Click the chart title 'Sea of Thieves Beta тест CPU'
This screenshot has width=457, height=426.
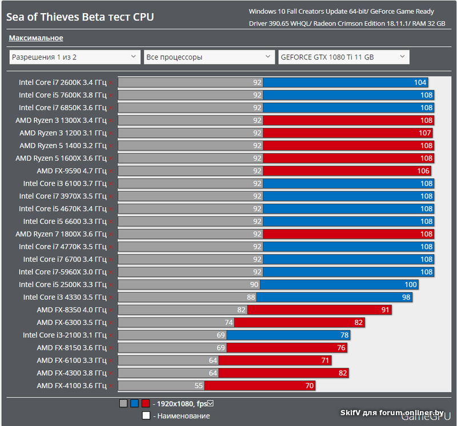click(80, 17)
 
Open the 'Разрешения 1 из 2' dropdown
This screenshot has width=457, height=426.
click(74, 57)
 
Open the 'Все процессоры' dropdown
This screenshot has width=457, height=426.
click(209, 57)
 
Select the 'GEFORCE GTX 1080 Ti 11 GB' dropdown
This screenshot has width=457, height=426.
click(343, 57)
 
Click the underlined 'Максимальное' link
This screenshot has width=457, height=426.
click(36, 38)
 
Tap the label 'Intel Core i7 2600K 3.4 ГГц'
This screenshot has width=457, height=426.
click(62, 82)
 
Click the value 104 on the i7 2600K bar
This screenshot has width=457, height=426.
click(420, 82)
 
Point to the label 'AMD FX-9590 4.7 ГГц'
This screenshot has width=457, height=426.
click(71, 171)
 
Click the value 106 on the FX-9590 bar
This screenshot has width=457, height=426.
click(423, 171)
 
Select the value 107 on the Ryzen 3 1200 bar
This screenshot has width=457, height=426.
click(425, 133)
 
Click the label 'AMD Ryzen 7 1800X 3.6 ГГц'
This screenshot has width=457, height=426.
click(61, 234)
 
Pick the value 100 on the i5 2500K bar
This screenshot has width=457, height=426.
click(411, 284)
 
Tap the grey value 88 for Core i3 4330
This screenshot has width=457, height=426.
click(251, 297)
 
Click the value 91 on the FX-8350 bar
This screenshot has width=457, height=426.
click(386, 310)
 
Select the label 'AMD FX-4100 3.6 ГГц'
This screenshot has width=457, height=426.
click(71, 385)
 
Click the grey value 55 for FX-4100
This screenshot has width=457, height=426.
click(199, 385)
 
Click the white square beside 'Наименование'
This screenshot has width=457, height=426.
click(146, 416)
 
